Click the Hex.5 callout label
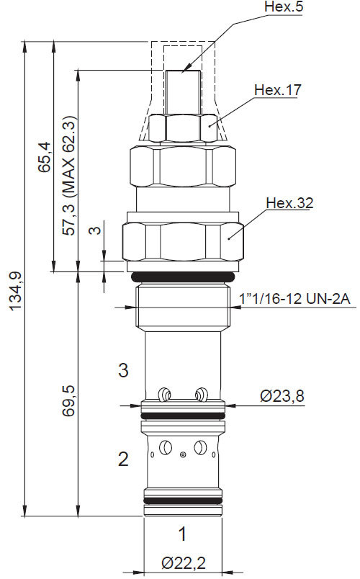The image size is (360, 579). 265,9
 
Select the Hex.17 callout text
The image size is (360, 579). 276,90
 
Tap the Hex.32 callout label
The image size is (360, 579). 289,203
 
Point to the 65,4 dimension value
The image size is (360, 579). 45,157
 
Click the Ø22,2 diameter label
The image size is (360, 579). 183,561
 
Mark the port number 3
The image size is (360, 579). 124,371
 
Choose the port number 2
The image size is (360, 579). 124,459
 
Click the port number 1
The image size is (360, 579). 183,534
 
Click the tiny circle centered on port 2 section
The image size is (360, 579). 184,454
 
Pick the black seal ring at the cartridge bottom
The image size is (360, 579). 183,499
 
